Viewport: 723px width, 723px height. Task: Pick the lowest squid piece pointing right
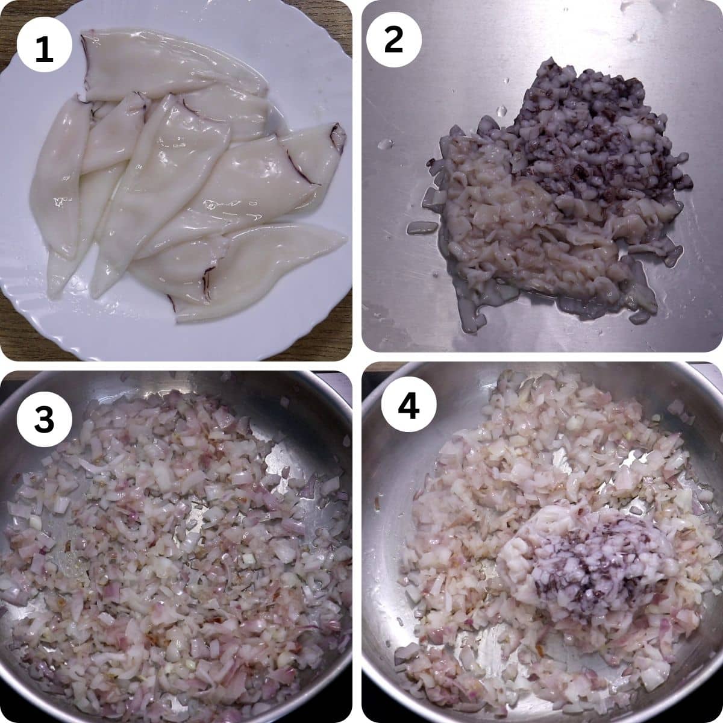[259, 271]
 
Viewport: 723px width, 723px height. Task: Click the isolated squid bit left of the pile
[422, 227]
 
